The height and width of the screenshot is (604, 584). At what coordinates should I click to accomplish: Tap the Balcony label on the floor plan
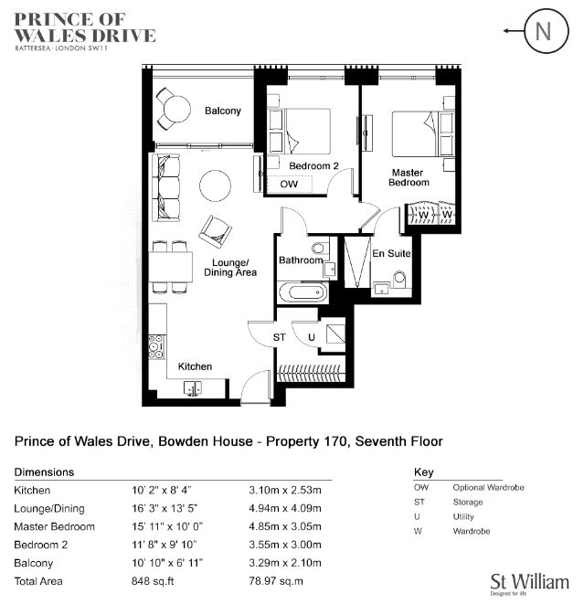coord(223,111)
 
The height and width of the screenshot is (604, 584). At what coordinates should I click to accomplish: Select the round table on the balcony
coord(176,109)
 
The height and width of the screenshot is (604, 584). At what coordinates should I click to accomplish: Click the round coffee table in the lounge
coord(215,185)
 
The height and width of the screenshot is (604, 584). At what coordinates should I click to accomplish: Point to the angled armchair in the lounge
coord(216,231)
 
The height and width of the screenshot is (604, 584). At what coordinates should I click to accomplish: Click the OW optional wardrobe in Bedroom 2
coord(290,185)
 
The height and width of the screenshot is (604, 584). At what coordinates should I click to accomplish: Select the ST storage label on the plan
coord(280,337)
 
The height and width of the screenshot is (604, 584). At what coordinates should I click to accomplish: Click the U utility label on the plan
coord(312,337)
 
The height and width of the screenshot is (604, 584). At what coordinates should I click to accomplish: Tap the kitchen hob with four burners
coord(157,346)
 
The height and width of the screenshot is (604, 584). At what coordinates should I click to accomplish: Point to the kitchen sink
coord(193,388)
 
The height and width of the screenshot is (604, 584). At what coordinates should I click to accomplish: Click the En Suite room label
coord(391,253)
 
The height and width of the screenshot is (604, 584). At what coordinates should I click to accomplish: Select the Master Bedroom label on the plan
coord(409,177)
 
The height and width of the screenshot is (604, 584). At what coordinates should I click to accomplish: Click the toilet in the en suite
coord(399,279)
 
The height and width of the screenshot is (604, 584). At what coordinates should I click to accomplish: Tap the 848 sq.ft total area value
coord(153,581)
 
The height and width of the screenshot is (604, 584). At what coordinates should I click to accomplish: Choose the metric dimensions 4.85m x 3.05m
coord(285,526)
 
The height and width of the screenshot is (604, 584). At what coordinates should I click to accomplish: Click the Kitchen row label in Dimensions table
coord(32,490)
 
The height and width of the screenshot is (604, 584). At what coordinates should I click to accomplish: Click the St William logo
coord(530,584)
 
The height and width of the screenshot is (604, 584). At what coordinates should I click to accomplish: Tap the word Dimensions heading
coord(44,472)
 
